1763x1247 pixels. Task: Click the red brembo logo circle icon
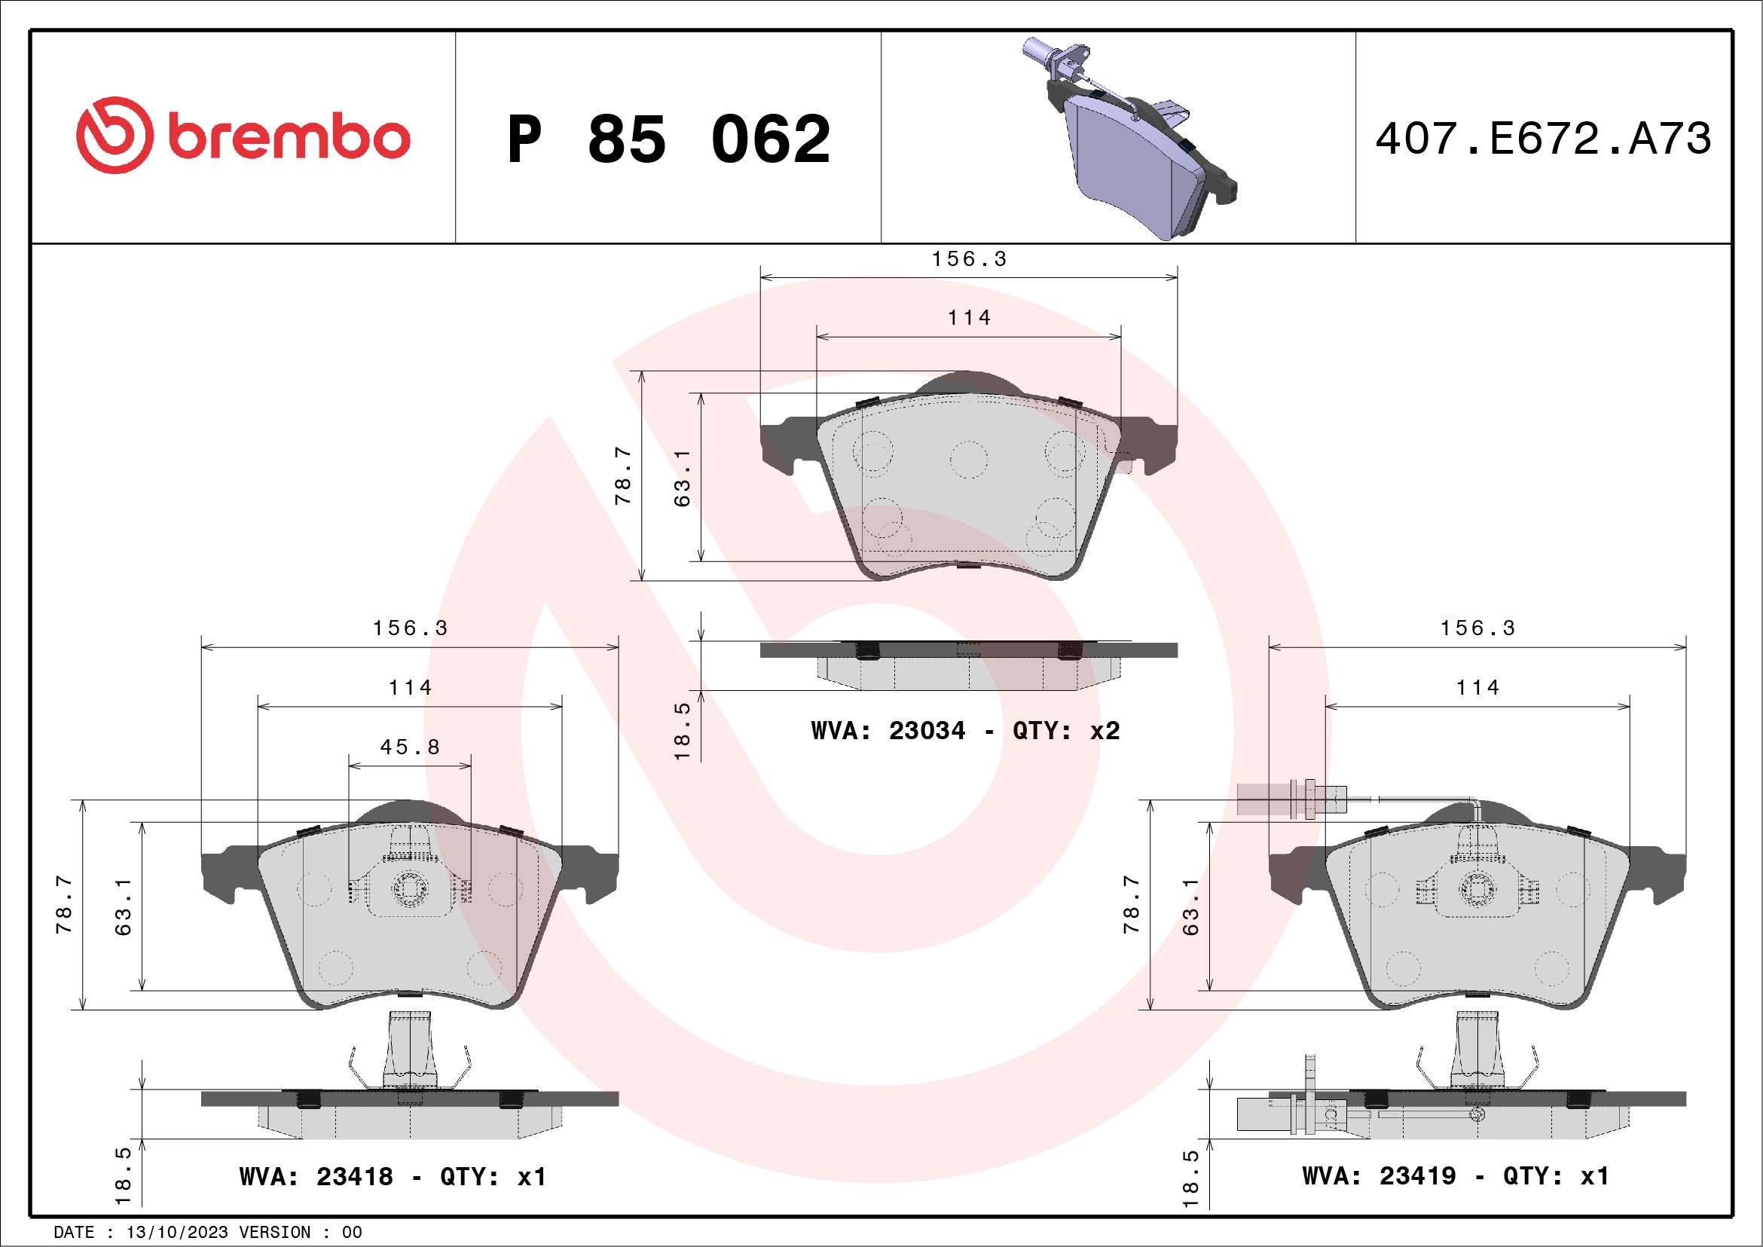115,135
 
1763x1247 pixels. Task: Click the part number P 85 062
669,139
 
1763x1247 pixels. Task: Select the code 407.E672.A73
1543,139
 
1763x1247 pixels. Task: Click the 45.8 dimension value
410,747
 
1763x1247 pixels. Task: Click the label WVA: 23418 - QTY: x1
393,1176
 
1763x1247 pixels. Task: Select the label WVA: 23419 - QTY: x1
1455,1175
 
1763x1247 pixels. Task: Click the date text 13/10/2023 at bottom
176,1233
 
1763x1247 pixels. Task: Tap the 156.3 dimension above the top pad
969,258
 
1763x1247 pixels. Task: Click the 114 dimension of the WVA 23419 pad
1477,687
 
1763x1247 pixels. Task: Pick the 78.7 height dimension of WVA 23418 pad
64,904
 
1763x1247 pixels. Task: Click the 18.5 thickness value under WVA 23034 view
682,730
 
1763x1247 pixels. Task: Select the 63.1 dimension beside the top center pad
682,478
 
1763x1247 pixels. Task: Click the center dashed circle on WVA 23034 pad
968,460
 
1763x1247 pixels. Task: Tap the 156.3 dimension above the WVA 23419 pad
1477,628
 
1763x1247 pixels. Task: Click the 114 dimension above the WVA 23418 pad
410,687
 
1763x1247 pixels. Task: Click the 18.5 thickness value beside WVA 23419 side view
1190,1178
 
